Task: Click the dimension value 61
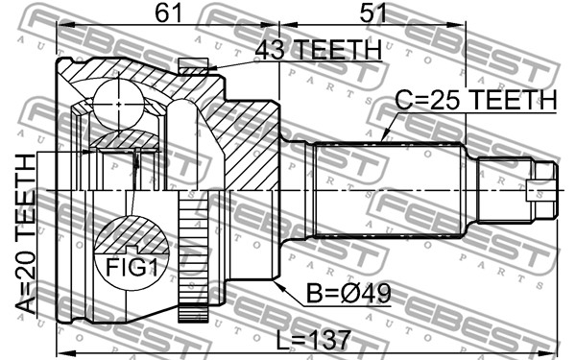(168, 12)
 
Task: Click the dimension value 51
(372, 12)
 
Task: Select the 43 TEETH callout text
(318, 50)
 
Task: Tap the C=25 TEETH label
(476, 99)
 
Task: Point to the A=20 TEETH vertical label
(26, 234)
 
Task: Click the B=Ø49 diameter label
(349, 294)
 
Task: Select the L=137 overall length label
(313, 340)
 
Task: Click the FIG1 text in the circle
(132, 267)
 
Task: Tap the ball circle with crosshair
(118, 105)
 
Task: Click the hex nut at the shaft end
(542, 190)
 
